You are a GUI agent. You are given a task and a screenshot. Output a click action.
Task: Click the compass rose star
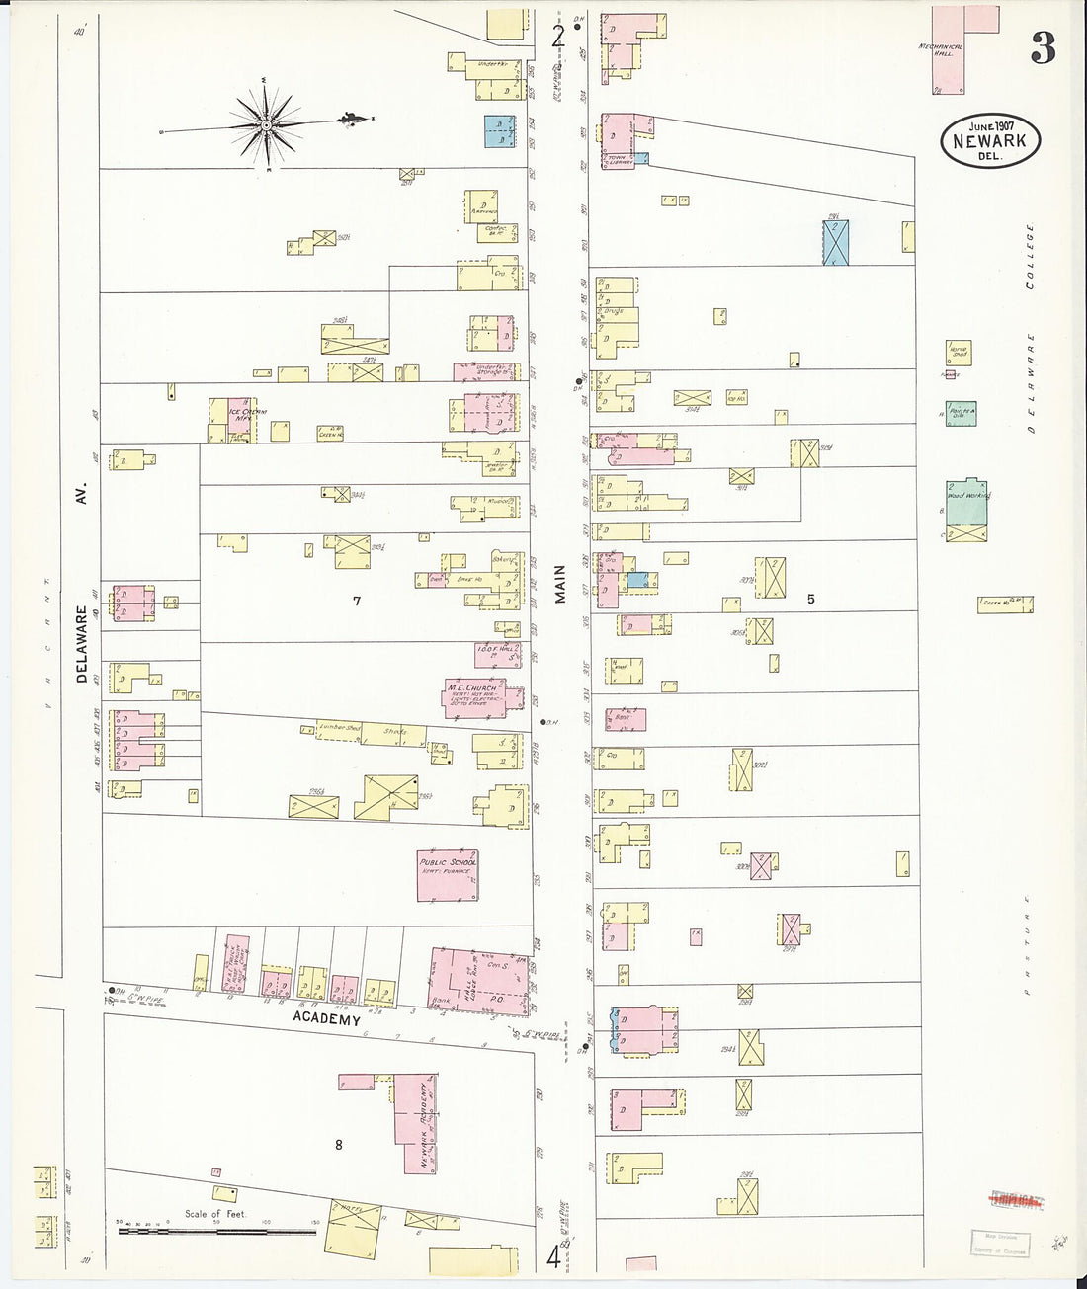point(266,125)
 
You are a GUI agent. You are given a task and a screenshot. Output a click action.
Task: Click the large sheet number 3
point(1043,47)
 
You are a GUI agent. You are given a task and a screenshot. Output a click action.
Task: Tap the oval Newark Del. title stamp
point(990,140)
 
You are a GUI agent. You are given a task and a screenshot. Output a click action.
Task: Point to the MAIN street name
point(560,584)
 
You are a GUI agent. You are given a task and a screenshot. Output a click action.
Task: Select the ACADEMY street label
point(325,1019)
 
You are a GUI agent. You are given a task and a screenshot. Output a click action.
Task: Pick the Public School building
point(448,874)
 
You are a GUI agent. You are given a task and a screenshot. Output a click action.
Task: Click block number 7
point(357,601)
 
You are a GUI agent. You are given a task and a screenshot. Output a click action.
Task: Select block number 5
point(810,599)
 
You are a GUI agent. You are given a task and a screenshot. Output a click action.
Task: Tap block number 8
point(338,1145)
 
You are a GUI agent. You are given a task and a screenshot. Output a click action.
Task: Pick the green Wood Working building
point(966,503)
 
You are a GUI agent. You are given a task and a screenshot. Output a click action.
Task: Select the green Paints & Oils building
point(961,413)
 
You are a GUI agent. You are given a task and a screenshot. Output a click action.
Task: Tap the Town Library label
point(620,158)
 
